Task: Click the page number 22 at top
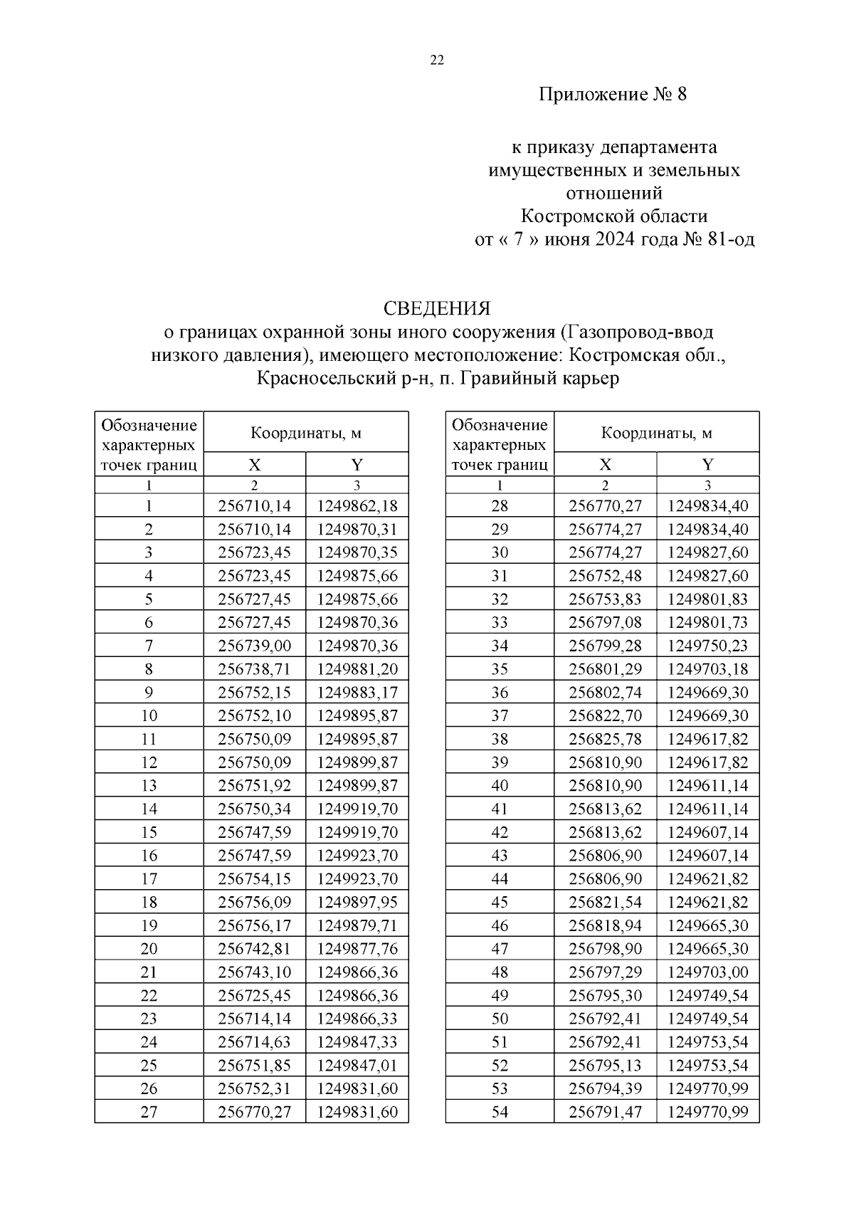point(437,61)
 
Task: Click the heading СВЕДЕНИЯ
point(437,308)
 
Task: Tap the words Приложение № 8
point(613,95)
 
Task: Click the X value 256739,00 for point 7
point(254,646)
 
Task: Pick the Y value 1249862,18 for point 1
point(357,506)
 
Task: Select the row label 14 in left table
point(149,809)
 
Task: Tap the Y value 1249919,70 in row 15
point(357,832)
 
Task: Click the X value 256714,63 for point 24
point(254,1041)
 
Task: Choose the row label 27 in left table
point(149,1111)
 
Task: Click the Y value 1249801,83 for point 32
point(707,599)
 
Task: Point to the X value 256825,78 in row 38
point(605,739)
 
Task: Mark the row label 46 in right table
point(500,925)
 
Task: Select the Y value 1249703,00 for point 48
point(707,972)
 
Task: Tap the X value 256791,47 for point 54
point(605,1111)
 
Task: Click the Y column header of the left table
point(357,465)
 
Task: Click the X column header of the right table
point(605,465)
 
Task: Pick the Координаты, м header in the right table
point(656,432)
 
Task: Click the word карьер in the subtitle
point(587,378)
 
